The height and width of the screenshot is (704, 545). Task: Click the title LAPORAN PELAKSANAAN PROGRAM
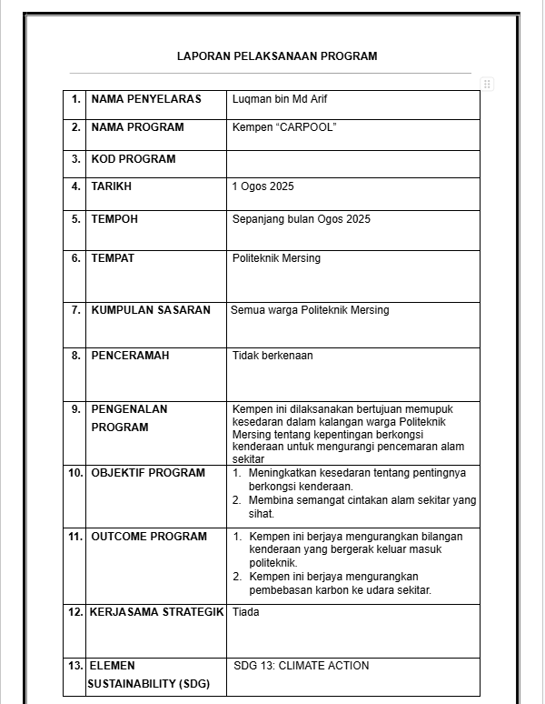[x=277, y=56]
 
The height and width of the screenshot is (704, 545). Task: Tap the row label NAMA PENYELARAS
[x=146, y=99]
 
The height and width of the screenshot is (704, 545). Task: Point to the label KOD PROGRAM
[x=134, y=159]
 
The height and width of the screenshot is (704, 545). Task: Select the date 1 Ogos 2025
[x=263, y=186]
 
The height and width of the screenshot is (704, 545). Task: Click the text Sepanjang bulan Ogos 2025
[x=302, y=219]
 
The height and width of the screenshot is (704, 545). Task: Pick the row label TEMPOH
[x=114, y=219]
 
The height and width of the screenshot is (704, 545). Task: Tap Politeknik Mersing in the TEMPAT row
[x=276, y=258]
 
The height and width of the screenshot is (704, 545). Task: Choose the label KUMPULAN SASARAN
[x=151, y=310]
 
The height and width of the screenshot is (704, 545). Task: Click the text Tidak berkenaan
[x=272, y=356]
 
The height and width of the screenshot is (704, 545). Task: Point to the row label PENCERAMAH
[x=130, y=356]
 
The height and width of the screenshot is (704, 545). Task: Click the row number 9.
[x=76, y=409]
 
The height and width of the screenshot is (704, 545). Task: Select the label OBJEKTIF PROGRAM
[x=148, y=473]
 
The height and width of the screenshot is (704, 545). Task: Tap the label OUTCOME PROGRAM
[x=149, y=537]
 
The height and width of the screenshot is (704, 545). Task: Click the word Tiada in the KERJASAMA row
[x=245, y=612]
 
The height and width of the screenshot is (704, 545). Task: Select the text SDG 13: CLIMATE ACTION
[x=302, y=666]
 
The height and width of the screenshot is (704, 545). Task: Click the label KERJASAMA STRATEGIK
[x=156, y=612]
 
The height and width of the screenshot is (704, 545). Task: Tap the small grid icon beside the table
[x=487, y=85]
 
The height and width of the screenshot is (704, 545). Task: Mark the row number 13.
[x=74, y=666]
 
